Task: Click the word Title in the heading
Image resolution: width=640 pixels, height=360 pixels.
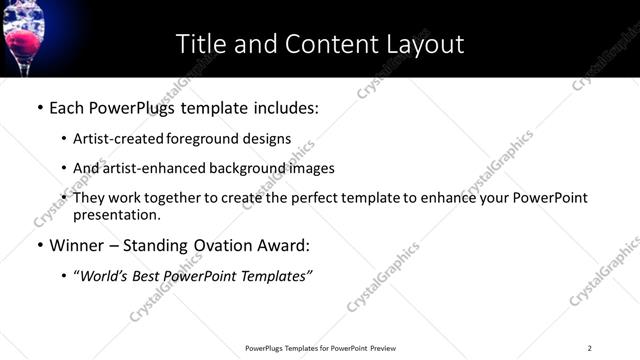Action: [202, 44]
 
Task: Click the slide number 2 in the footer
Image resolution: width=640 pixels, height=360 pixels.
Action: [589, 348]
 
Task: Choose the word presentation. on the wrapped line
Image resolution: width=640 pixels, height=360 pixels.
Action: [116, 215]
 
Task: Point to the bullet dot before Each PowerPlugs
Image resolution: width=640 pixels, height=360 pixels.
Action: [40, 106]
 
